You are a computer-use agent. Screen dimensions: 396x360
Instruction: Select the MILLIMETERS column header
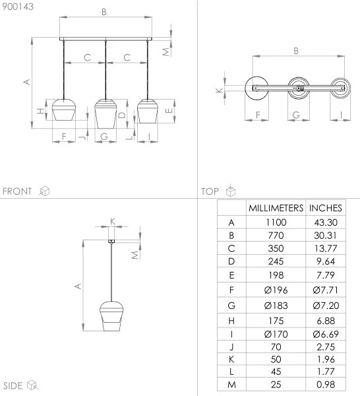click(276, 208)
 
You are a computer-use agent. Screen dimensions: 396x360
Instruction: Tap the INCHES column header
click(326, 208)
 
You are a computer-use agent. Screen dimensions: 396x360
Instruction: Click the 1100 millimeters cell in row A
click(276, 223)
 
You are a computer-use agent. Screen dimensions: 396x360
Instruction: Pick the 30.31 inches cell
click(326, 235)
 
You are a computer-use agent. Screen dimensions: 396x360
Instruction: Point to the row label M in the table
click(231, 385)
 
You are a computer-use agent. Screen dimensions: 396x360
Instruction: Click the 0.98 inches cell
click(326, 385)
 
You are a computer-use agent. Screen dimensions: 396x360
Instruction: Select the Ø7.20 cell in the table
click(326, 304)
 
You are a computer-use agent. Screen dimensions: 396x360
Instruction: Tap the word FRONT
click(17, 191)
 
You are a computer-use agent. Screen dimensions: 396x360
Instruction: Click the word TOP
click(210, 191)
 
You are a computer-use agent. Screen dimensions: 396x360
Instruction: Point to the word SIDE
click(13, 385)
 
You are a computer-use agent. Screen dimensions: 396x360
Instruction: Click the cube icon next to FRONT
click(44, 191)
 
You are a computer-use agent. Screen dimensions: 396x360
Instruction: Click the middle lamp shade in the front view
click(106, 113)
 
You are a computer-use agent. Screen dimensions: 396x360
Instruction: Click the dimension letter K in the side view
click(112, 220)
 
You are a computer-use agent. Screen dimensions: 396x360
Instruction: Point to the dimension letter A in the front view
click(26, 82)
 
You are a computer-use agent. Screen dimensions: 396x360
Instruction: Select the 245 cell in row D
click(276, 261)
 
